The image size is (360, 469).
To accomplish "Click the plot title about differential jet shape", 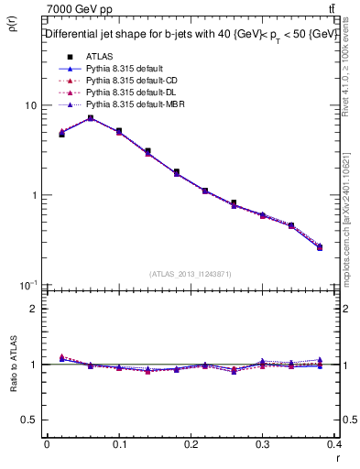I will [x=191, y=35].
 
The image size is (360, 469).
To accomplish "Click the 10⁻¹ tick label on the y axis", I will [x=27, y=285].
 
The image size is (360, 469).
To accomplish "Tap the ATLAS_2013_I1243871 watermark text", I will [x=191, y=274].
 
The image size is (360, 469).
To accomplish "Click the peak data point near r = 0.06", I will [x=90, y=118].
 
